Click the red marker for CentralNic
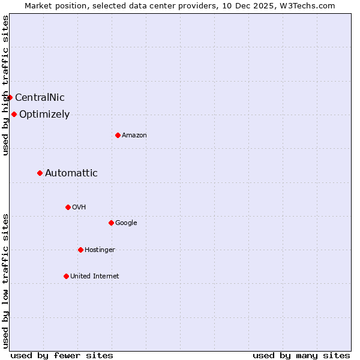[x=10, y=97]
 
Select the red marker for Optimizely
[x=14, y=114]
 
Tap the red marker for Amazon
[x=118, y=135]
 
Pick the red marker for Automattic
[x=40, y=173]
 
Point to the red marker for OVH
[x=68, y=207]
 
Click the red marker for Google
[x=111, y=223]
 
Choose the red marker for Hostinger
[x=80, y=250]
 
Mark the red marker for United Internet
[x=66, y=276]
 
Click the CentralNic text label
[x=40, y=98]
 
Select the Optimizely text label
[x=44, y=115]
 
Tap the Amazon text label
[x=134, y=136]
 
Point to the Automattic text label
[x=71, y=173]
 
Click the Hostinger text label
[x=100, y=250]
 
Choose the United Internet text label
[x=95, y=277]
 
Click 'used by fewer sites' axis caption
[x=62, y=356]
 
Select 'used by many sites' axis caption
[x=301, y=356]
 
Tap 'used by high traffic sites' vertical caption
[x=5, y=85]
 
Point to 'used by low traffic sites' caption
[x=5, y=281]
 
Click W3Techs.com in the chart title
[x=310, y=5]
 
